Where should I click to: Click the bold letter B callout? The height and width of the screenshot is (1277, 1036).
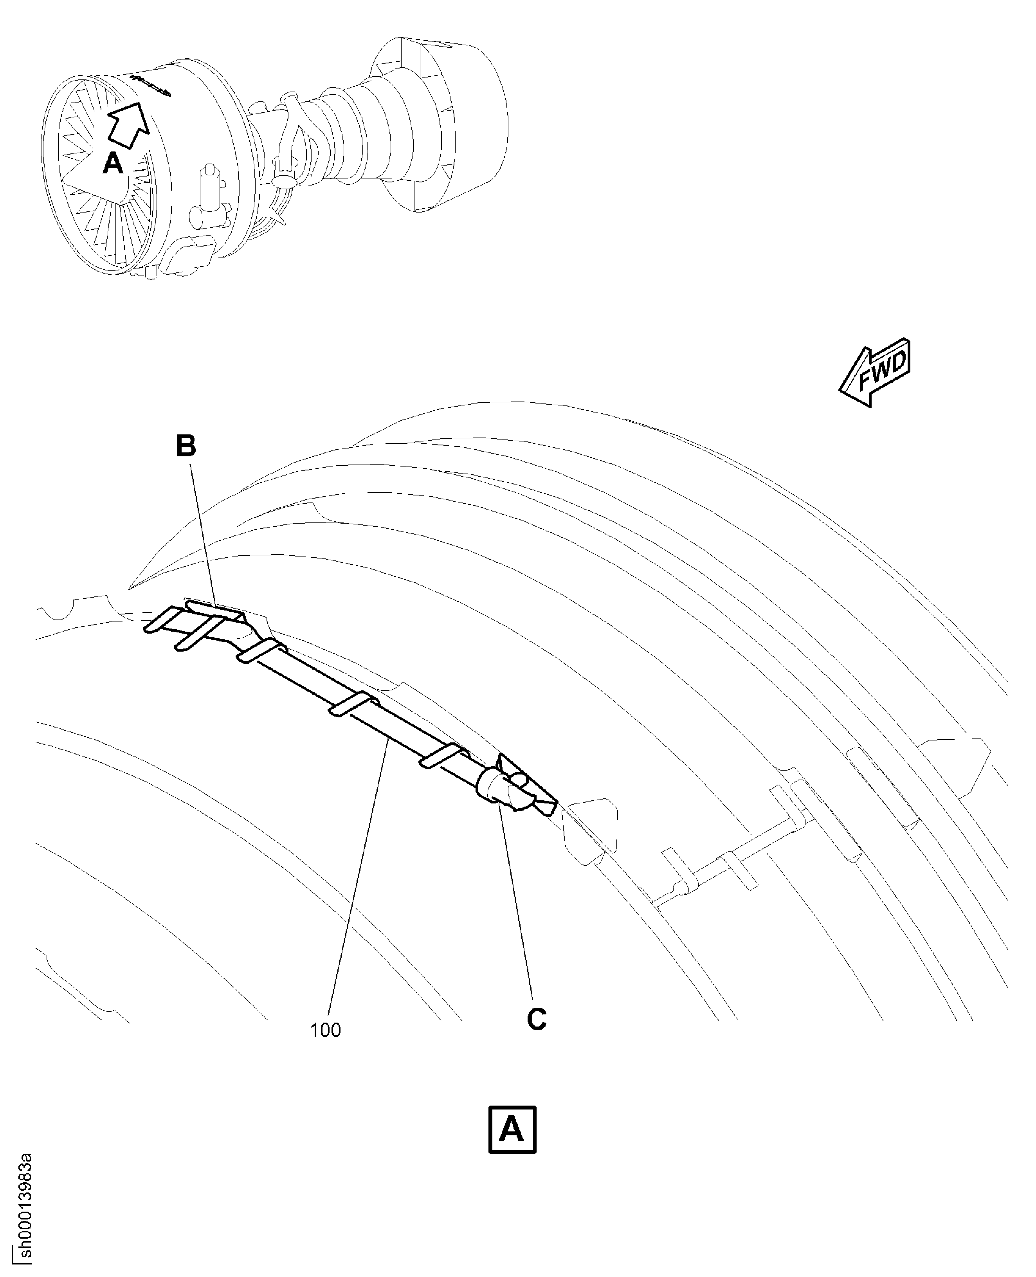point(186,447)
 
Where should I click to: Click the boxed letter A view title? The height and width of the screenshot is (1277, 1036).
point(512,1129)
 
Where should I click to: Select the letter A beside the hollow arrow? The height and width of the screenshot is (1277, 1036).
point(113,163)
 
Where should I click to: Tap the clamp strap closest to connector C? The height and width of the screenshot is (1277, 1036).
point(445,755)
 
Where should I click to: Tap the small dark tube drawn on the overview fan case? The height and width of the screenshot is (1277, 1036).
point(150,85)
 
